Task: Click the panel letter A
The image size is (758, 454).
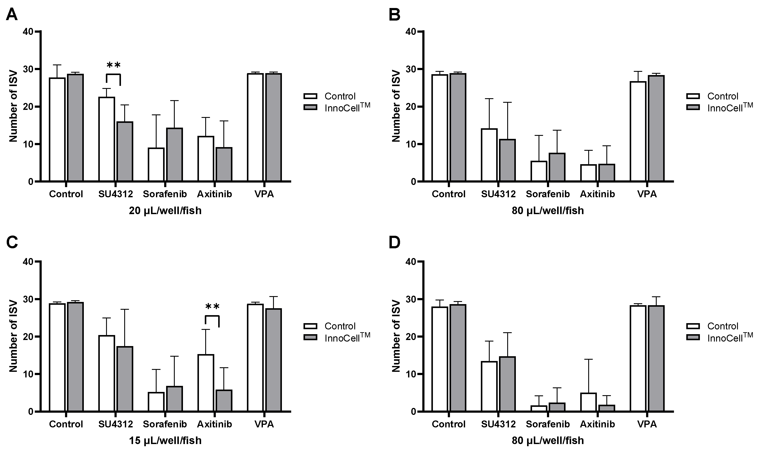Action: click(x=12, y=14)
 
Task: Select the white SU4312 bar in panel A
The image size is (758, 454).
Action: click(x=107, y=139)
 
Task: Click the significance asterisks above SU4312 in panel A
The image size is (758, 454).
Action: click(x=114, y=65)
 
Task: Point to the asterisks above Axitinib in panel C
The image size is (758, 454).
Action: click(x=212, y=306)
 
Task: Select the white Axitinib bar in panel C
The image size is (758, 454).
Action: click(x=206, y=383)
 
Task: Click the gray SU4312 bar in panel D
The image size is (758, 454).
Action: click(x=507, y=384)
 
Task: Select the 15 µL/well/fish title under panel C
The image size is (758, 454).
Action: click(x=165, y=441)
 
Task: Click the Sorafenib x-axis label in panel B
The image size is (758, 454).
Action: click(x=548, y=194)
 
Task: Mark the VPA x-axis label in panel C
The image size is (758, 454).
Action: click(x=264, y=424)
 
